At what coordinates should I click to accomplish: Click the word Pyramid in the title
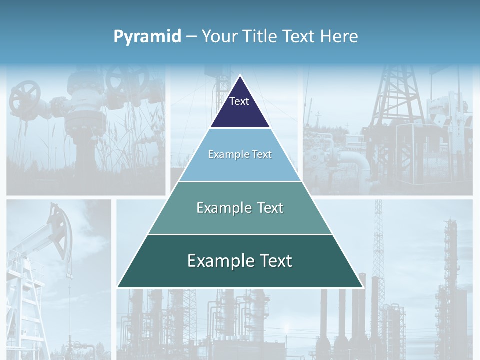click(x=147, y=36)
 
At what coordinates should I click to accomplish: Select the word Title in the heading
click(x=262, y=36)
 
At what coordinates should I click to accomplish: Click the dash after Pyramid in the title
click(x=191, y=37)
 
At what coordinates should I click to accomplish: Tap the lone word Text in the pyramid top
click(x=239, y=101)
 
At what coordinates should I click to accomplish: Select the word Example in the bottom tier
click(x=216, y=261)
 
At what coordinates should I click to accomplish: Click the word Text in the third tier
click(x=270, y=208)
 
